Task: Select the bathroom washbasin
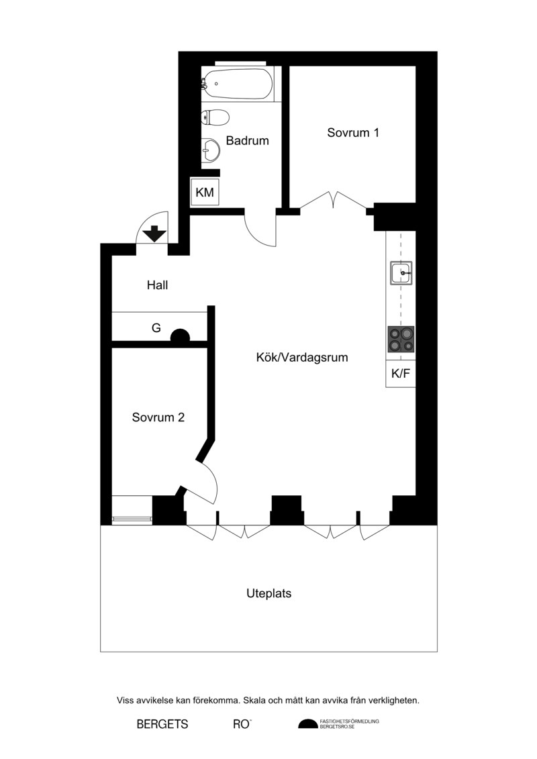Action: pyautogui.click(x=211, y=150)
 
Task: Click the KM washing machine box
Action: pyautogui.click(x=205, y=192)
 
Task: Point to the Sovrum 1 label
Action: pyautogui.click(x=353, y=133)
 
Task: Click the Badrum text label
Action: pyautogui.click(x=248, y=141)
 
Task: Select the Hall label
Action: pyautogui.click(x=157, y=285)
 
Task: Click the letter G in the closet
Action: pyautogui.click(x=156, y=328)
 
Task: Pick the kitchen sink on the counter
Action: pyautogui.click(x=401, y=273)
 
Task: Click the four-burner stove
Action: pyautogui.click(x=401, y=340)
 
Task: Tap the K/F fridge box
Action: pyautogui.click(x=401, y=374)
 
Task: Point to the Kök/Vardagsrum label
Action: pyautogui.click(x=302, y=358)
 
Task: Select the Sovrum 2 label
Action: pyautogui.click(x=158, y=417)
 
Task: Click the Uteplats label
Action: pyautogui.click(x=268, y=593)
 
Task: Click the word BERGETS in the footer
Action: pyautogui.click(x=162, y=724)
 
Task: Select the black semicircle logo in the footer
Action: pyautogui.click(x=308, y=723)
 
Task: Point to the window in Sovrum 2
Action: pyautogui.click(x=132, y=519)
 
